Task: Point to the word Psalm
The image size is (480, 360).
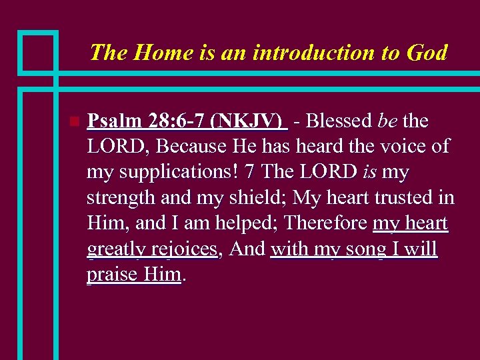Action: click(x=113, y=121)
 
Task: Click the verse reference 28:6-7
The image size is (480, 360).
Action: click(x=173, y=121)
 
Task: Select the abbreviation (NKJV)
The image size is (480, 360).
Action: click(x=247, y=121)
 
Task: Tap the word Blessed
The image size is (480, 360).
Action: click(x=339, y=121)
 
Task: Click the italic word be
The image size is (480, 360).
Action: click(x=388, y=121)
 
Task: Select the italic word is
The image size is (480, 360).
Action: click(x=370, y=172)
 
